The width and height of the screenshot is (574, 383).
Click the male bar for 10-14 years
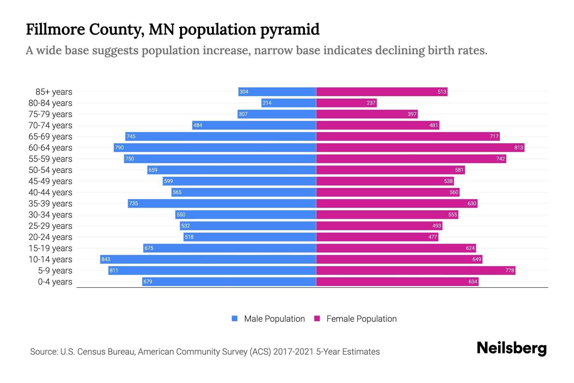[x=208, y=259]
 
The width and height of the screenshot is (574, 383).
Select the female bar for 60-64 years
[x=420, y=147]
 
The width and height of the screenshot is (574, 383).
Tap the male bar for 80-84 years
[x=289, y=103]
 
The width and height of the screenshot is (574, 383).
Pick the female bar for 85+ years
[x=382, y=92]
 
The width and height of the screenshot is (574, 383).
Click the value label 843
[x=106, y=259]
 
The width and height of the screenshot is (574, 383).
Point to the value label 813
[x=519, y=147]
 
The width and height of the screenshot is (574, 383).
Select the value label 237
[x=371, y=103]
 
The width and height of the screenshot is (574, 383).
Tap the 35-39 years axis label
[x=50, y=203]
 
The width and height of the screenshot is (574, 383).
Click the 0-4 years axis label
[x=55, y=282]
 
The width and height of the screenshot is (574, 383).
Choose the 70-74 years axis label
[x=50, y=125]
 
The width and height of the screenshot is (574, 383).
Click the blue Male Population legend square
[x=235, y=319]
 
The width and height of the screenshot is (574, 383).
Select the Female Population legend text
[x=361, y=319]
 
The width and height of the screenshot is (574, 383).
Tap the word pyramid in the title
[x=290, y=29]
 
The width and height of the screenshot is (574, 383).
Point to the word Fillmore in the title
[x=55, y=29]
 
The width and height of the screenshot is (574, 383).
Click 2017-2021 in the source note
[x=293, y=351]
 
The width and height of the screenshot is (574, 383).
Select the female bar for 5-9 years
[x=416, y=270]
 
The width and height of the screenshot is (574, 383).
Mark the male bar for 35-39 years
[x=222, y=203]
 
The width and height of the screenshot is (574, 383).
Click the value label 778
[x=510, y=270]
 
